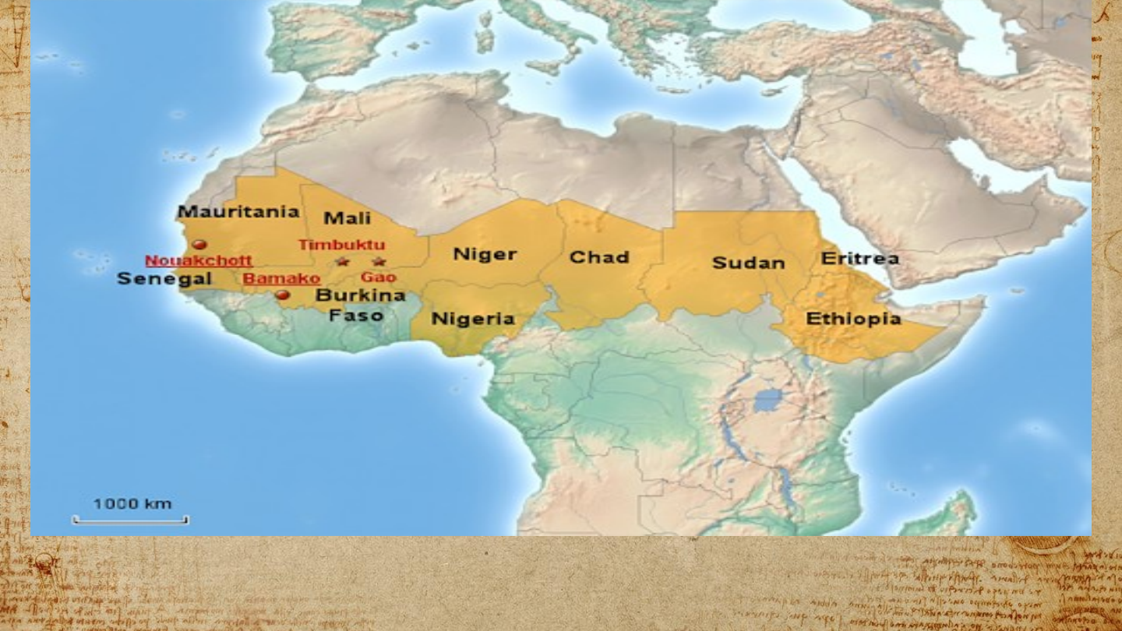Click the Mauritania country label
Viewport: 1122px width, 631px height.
(238, 212)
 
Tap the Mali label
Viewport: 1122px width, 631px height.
(347, 218)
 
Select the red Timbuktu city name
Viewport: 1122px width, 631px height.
(341, 245)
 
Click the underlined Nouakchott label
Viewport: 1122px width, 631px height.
(199, 261)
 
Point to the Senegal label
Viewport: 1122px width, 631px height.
(164, 278)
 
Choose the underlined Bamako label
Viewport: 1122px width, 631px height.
(281, 278)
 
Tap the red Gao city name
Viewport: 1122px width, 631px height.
(379, 277)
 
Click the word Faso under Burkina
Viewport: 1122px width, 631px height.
(355, 315)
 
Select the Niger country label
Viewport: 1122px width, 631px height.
(485, 254)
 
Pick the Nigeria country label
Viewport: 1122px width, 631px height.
(473, 319)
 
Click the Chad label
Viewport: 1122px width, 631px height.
(599, 257)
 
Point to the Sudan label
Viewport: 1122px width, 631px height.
(748, 263)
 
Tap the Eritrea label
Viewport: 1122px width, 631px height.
(860, 258)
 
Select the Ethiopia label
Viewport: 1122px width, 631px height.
(853, 319)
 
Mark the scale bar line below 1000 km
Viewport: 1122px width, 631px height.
(131, 520)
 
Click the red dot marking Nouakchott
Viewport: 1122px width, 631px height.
(199, 244)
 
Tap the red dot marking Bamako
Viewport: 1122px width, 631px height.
(283, 295)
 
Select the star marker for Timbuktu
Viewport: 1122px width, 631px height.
(342, 262)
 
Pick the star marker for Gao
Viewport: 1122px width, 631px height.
(379, 262)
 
